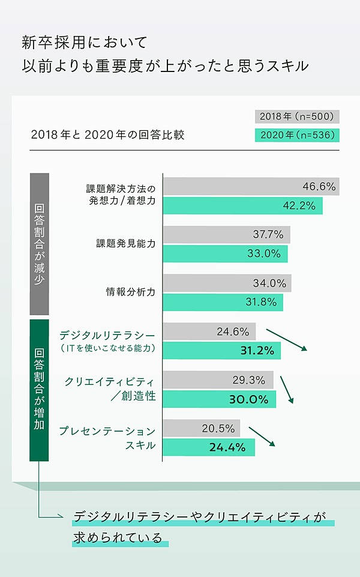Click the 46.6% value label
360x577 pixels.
[x=319, y=186]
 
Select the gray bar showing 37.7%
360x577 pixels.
[x=226, y=234]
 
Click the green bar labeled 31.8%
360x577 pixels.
[x=223, y=302]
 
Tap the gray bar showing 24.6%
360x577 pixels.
[x=209, y=331]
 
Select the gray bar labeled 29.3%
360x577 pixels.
[x=218, y=379]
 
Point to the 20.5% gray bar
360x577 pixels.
[x=201, y=428]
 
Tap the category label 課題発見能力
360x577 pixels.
[x=125, y=244]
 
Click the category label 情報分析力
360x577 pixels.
[x=130, y=292]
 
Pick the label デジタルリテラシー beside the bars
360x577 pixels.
[x=107, y=334]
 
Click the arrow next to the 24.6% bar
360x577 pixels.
[x=286, y=340]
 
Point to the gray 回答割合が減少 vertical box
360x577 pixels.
[x=39, y=244]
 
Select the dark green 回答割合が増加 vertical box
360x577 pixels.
[x=39, y=390]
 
